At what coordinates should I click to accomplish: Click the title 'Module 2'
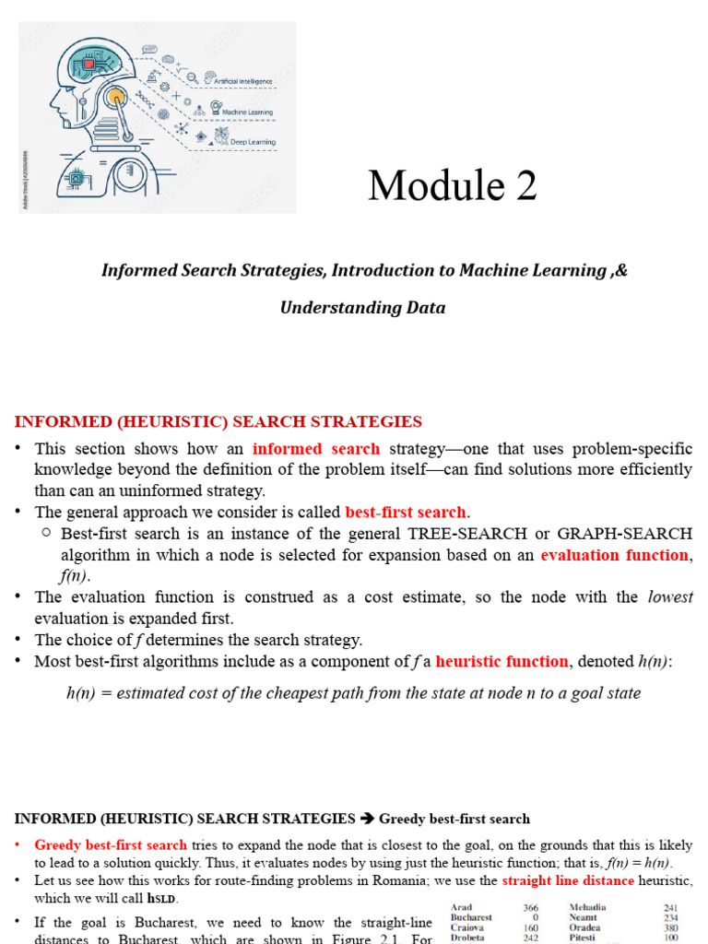(452, 186)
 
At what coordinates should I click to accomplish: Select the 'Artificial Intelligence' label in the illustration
(243, 81)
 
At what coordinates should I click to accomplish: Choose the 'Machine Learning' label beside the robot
(248, 112)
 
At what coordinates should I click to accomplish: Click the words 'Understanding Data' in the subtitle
(362, 308)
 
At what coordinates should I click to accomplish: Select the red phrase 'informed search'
(316, 449)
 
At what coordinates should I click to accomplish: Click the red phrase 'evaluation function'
(614, 555)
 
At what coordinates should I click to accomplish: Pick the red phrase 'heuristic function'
(501, 661)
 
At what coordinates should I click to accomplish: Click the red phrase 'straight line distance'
(568, 880)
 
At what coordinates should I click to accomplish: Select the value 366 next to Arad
(530, 908)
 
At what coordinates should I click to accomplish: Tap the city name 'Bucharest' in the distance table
(471, 918)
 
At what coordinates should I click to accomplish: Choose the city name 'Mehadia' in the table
(589, 908)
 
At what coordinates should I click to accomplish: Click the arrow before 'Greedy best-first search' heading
(367, 819)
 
